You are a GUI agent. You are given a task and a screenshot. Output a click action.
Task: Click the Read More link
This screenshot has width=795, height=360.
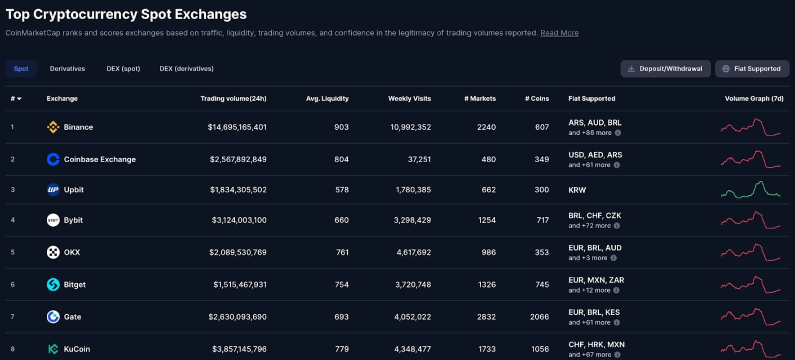click(559, 33)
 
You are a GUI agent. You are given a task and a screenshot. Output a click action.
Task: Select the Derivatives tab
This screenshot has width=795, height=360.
click(67, 69)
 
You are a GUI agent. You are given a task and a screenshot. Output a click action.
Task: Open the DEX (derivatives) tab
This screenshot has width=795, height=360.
click(186, 69)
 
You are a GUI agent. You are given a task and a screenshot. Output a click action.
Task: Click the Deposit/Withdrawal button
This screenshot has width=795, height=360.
click(665, 69)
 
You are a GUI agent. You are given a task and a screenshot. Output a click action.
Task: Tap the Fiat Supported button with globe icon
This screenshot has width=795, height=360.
click(752, 69)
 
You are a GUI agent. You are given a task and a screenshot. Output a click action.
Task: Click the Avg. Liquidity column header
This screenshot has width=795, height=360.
click(327, 98)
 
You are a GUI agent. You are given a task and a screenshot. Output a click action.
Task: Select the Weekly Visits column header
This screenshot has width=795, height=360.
click(409, 98)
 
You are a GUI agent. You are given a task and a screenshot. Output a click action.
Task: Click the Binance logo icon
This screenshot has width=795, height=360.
click(53, 127)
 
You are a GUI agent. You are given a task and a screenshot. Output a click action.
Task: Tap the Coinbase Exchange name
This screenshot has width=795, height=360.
click(100, 159)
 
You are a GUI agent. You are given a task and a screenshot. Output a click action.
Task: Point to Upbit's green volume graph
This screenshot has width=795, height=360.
click(751, 190)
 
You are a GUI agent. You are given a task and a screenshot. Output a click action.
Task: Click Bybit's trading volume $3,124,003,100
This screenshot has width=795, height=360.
click(239, 220)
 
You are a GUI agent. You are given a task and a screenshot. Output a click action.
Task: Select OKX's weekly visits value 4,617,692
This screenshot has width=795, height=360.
click(413, 252)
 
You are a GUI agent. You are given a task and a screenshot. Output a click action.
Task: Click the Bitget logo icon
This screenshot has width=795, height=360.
click(53, 285)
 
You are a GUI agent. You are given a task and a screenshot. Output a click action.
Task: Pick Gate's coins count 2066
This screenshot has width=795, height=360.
click(539, 317)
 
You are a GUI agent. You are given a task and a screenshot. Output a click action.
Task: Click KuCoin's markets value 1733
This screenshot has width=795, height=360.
click(486, 349)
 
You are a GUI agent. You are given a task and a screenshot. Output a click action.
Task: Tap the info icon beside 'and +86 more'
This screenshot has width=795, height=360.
click(618, 133)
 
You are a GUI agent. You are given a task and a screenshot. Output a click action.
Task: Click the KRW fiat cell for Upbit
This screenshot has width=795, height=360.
click(577, 190)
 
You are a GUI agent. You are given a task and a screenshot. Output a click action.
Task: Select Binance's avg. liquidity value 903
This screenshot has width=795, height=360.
click(341, 127)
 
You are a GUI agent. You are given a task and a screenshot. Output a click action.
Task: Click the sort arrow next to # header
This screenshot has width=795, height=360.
click(19, 99)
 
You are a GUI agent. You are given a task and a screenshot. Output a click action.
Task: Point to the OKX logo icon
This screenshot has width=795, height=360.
click(53, 252)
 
